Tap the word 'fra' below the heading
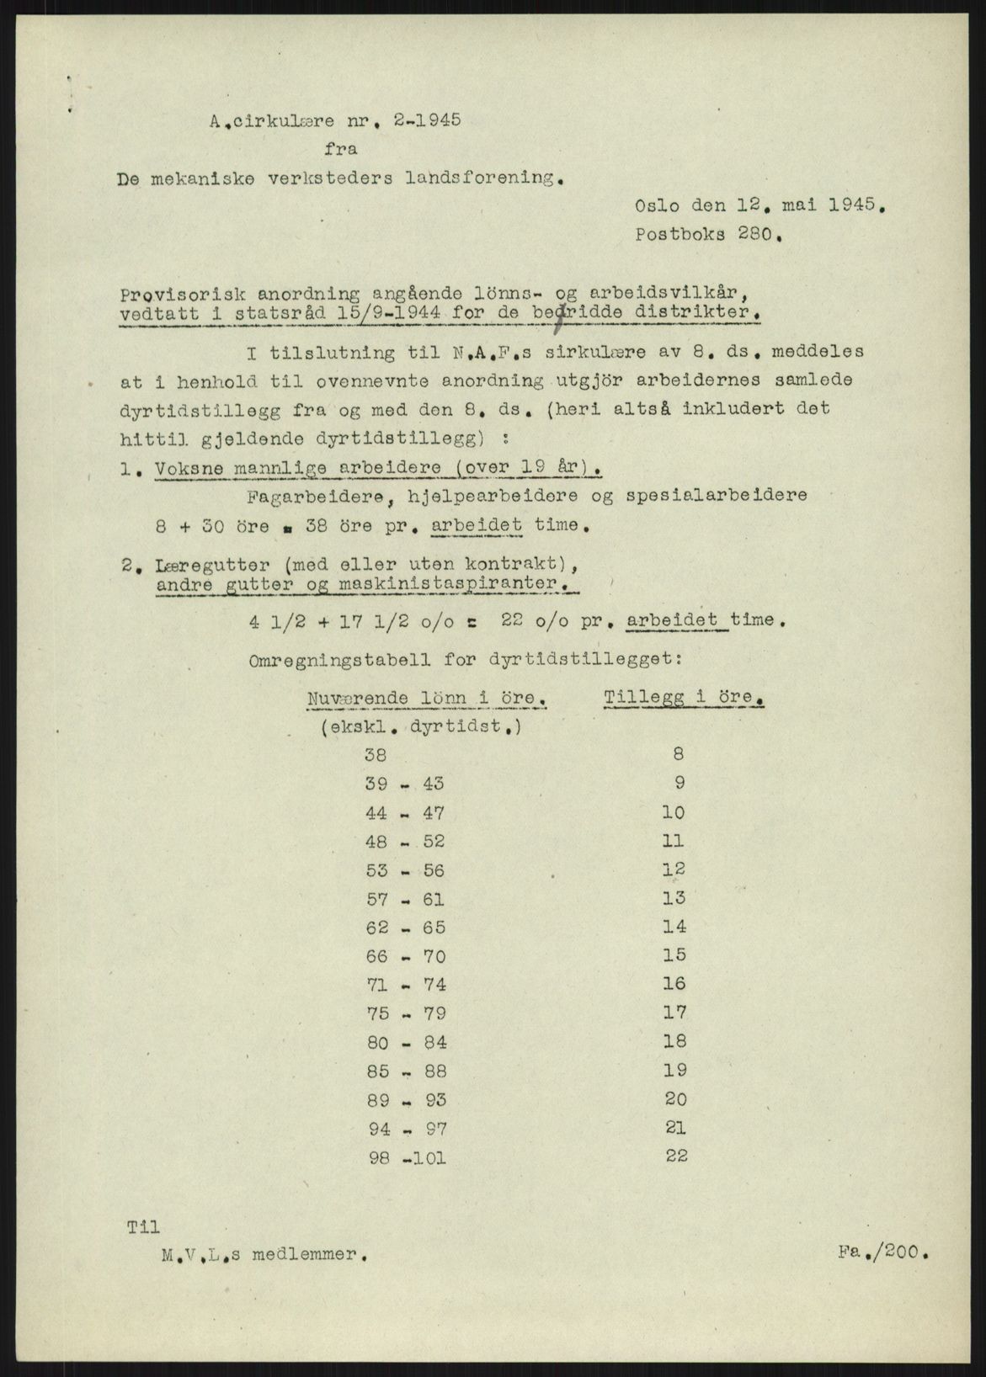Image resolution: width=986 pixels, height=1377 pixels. pos(339,149)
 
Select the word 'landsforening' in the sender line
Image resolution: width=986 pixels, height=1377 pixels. pos(484,178)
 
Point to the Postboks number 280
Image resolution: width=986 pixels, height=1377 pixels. pos(758,236)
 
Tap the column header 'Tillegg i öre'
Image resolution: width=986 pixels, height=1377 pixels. pos(684,697)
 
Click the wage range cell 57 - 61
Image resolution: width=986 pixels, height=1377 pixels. pos(405,899)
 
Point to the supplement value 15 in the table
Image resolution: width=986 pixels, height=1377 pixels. pos(674,955)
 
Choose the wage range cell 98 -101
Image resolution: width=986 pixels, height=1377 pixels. pos(407,1157)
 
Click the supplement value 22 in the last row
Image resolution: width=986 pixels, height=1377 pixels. pos(676,1156)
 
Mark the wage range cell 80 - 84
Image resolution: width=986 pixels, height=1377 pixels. pos(405,1043)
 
